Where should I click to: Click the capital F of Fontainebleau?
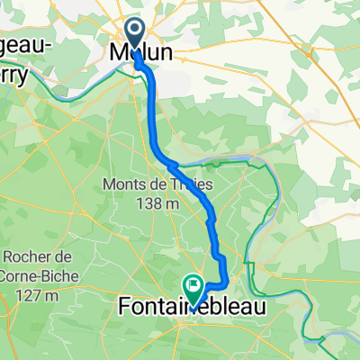pos(125,309)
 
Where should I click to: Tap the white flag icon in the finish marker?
pos(193,284)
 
